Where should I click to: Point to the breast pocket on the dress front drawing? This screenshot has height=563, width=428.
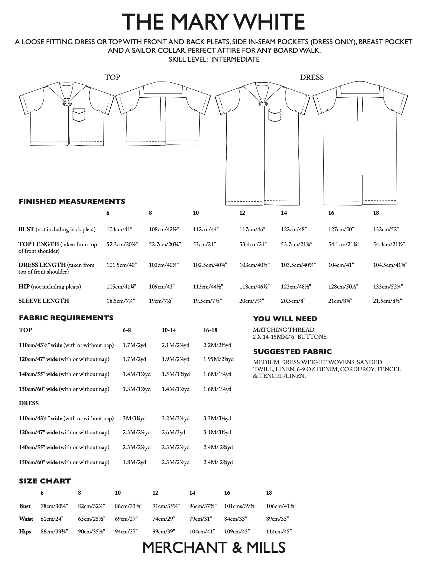coord(275,115)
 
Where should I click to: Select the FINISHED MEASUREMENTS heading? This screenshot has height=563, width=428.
coord(72,201)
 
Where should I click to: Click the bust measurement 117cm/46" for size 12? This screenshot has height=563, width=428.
coord(252,229)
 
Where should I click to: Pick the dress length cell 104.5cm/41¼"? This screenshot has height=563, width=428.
coord(390,265)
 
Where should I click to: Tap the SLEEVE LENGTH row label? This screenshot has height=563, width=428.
coord(44,301)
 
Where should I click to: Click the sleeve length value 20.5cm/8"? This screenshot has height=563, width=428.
coord(293,301)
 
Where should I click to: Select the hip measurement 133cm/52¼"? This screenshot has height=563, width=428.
coord(388,287)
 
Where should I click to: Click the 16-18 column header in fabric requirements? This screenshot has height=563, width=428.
coord(210,330)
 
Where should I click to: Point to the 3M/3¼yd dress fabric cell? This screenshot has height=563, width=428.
coord(134,418)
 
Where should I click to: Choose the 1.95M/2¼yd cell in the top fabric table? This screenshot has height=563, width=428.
coord(218,359)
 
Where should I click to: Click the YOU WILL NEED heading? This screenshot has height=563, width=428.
coord(285,319)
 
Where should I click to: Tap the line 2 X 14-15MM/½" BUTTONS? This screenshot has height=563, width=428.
coord(290,337)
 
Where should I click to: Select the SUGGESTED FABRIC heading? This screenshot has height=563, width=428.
coord(292,351)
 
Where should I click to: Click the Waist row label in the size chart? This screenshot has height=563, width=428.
coord(26,519)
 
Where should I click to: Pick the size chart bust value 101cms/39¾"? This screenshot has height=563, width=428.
coord(240,506)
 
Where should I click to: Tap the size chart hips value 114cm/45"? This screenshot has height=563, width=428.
coord(279,532)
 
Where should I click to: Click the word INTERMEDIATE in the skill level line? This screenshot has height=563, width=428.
coord(235,59)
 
